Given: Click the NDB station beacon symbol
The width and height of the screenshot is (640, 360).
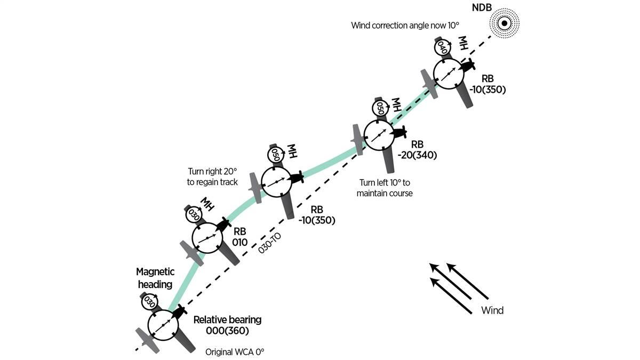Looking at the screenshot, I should point(503,23).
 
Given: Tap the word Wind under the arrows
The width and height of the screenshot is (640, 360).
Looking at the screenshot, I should point(492,310).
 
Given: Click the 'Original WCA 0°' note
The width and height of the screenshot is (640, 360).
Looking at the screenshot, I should point(235,353).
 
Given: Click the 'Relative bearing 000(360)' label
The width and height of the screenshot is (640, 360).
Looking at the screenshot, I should point(227,325).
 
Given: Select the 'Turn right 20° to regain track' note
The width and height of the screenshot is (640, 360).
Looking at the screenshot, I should point(212,177).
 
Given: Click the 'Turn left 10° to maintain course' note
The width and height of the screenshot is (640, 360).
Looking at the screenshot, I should point(386,188).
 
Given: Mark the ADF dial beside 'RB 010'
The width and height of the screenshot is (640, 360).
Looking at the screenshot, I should point(207,239).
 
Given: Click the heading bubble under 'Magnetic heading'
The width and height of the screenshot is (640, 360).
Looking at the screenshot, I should point(150,301).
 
